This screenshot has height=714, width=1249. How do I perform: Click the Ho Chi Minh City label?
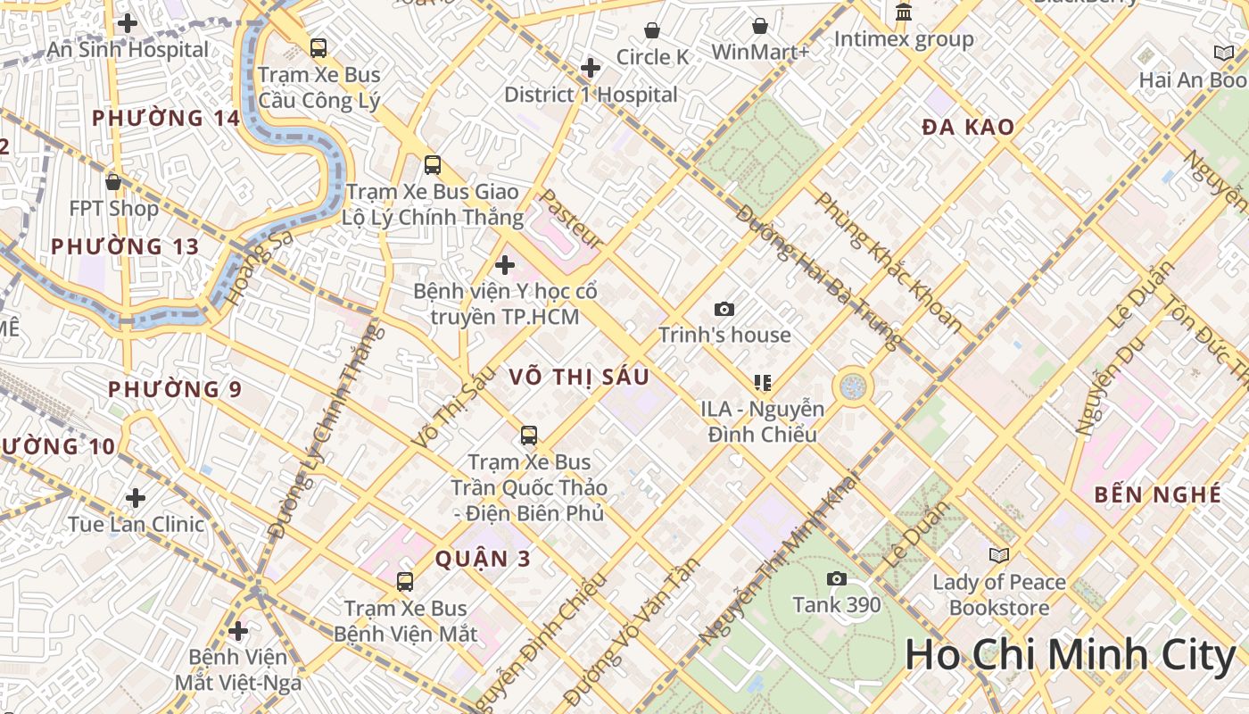coord(1070,656)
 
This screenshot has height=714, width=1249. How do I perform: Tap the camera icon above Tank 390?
coord(836,578)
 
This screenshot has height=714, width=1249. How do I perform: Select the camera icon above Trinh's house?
coord(724,309)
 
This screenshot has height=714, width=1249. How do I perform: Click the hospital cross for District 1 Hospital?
coord(590,68)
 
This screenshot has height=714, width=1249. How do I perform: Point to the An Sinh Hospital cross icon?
coord(128,23)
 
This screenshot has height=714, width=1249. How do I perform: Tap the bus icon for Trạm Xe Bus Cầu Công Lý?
coord(318,48)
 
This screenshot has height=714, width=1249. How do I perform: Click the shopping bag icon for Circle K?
coord(652,30)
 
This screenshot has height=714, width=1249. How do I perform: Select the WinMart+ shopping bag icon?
coord(759,26)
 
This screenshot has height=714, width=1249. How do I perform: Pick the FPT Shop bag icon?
coord(113,182)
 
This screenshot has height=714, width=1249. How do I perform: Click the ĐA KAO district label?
coord(968,128)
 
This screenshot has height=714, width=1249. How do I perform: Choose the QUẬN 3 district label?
coord(483,560)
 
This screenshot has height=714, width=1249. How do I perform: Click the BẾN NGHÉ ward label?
coord(1157,494)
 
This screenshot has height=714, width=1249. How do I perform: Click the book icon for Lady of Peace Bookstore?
coord(998,555)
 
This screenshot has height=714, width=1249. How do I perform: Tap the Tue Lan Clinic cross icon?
coord(136,497)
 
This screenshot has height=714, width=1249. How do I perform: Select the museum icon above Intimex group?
coord(904,12)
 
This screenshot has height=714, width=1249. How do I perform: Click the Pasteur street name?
coord(572,219)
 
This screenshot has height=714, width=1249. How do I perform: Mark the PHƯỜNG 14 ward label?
coord(166,118)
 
